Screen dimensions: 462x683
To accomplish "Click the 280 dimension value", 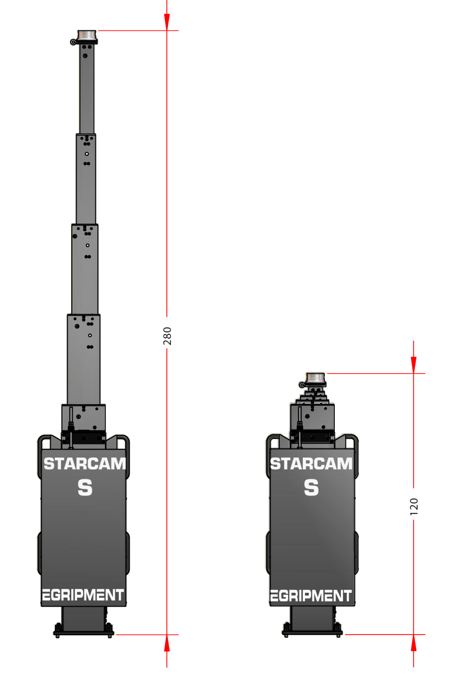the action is point(167,336).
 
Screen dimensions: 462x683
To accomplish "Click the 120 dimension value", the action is point(414,507).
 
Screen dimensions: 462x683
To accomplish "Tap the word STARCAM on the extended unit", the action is point(85,464).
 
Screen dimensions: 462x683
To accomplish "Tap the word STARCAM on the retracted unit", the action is point(311,464).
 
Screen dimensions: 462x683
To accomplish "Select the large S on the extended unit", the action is point(85,488).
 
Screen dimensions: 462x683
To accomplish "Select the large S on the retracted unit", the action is point(311,488).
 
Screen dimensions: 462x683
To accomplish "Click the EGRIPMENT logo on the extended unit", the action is point(83,595).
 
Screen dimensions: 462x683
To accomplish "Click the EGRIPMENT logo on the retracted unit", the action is point(311,596).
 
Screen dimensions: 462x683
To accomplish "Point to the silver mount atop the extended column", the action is point(87,36).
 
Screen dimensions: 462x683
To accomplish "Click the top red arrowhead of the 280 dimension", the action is point(167,22).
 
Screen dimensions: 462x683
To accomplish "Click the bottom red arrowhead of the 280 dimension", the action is point(167,643).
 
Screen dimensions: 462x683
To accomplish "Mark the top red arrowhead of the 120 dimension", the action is point(414,365).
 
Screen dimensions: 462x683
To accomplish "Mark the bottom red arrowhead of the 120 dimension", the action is point(414,643).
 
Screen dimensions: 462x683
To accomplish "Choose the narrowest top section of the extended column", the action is point(87,89).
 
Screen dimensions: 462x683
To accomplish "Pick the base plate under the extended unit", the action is point(84,634).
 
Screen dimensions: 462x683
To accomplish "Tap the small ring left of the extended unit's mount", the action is point(73,42).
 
